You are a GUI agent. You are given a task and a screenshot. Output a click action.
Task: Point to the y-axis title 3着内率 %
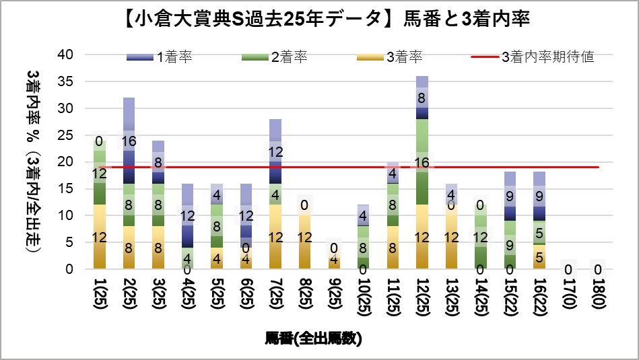(x=33, y=161)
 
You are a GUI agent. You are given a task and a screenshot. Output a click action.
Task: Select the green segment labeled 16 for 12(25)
(x=422, y=161)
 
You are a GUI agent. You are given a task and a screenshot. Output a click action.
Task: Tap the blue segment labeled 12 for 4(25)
(x=187, y=215)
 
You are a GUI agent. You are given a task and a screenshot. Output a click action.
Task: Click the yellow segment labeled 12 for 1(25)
(x=100, y=237)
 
